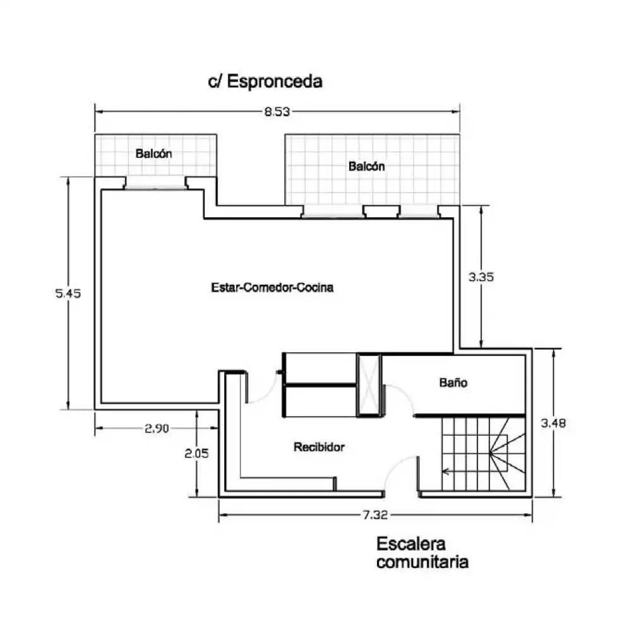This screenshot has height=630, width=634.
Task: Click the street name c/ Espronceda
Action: click(x=265, y=81)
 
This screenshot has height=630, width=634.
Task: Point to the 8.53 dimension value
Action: click(x=277, y=112)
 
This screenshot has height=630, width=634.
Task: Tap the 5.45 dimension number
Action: click(x=68, y=293)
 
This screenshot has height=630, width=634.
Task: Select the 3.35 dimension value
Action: click(x=481, y=277)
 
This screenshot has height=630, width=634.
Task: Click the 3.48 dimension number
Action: click(x=553, y=423)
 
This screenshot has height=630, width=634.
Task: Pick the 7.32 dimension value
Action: click(x=375, y=515)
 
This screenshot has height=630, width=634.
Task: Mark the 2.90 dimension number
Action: click(x=157, y=429)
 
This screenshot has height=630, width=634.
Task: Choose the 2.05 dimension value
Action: click(x=196, y=453)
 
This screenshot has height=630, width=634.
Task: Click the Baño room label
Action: click(x=453, y=383)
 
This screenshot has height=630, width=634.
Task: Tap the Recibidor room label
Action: click(x=319, y=447)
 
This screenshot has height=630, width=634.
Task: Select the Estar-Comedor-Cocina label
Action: click(x=272, y=287)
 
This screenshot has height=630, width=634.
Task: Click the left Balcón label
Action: click(x=153, y=153)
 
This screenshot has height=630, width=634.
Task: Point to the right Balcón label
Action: click(x=367, y=166)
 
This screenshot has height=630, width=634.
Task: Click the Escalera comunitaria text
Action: click(x=422, y=553)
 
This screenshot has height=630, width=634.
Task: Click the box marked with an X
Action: click(x=369, y=384)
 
